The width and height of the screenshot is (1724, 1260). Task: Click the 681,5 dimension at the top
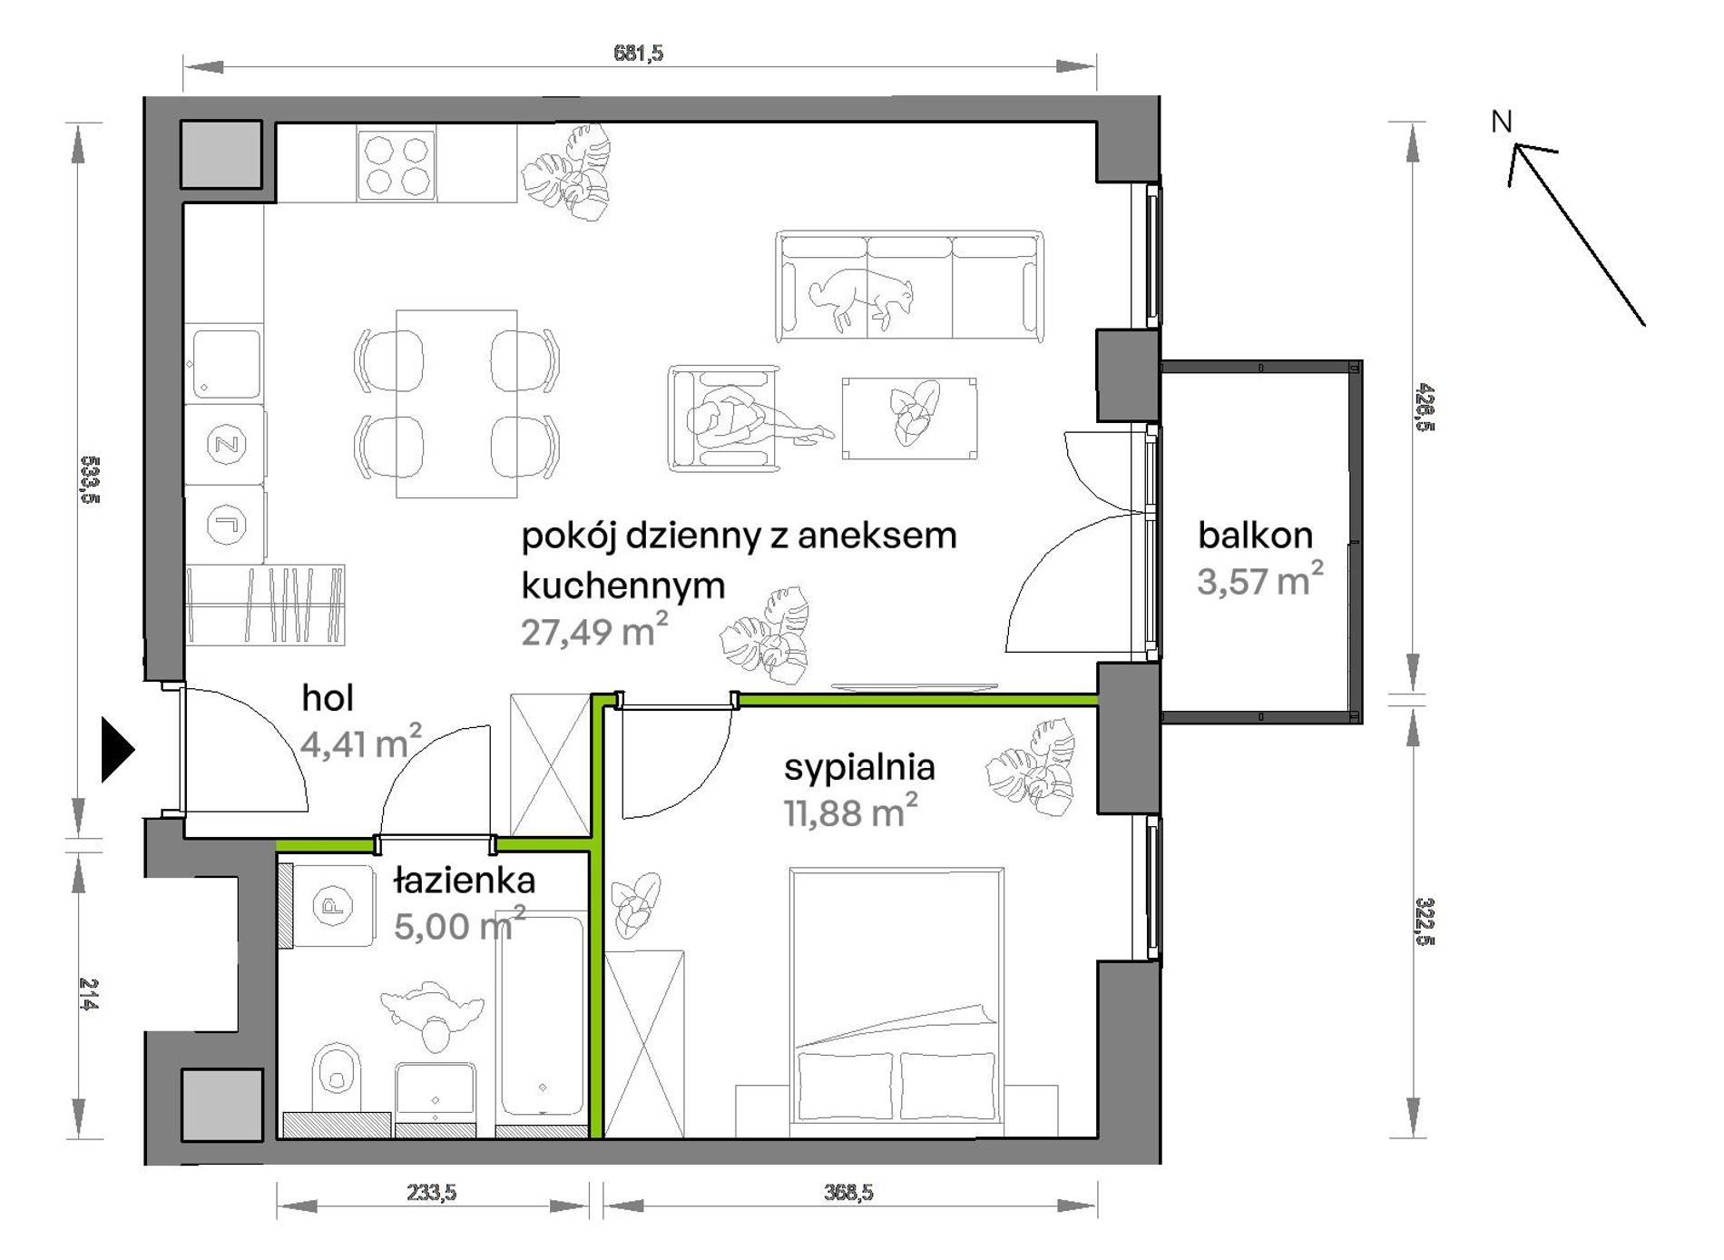638,53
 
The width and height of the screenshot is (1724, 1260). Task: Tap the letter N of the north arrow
1502,121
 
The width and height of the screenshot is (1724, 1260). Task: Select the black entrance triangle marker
117,749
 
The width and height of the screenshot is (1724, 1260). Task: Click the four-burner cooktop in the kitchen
397,164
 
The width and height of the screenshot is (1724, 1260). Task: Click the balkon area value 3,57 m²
1259,579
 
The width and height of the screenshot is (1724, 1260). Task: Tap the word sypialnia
859,768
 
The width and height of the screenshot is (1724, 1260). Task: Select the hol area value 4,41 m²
360,743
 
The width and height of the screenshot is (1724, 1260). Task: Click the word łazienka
465,880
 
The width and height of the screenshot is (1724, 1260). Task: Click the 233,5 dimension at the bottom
431,1192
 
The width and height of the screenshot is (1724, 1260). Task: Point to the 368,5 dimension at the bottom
848,1192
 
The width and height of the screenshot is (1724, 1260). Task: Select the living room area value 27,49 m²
594,630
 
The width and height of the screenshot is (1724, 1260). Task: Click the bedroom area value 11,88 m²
850,811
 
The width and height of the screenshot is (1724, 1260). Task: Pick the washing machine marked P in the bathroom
332,905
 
